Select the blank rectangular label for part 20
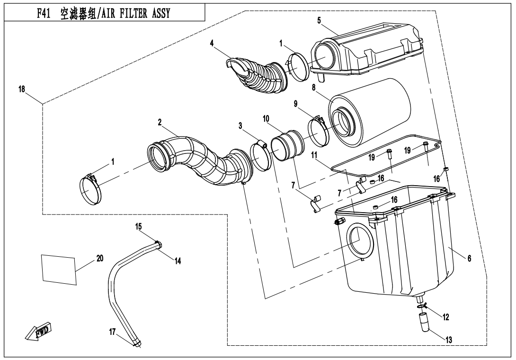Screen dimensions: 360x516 point(59,269)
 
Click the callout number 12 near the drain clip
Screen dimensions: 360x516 point(445,317)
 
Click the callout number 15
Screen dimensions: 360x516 point(139,227)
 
